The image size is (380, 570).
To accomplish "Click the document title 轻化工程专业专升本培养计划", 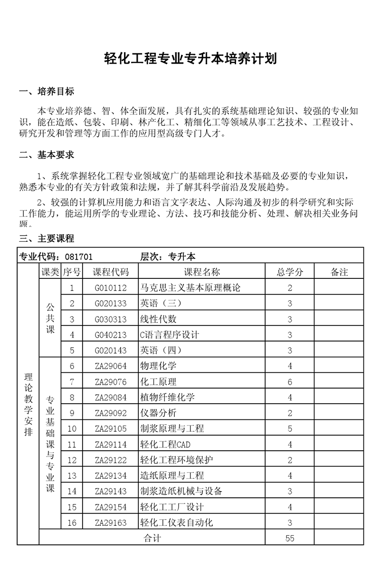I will pos(190,59).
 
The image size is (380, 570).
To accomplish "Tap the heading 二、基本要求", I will pos(46,155).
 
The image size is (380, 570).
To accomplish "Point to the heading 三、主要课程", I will pos(46,238).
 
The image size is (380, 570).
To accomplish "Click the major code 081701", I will pos(79,256).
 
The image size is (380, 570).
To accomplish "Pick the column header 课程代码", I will pos(111,272).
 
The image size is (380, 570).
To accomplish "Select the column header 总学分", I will pos(290,272).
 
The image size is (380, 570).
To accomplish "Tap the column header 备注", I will pos(339,272).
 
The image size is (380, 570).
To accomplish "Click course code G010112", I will pos(111,288).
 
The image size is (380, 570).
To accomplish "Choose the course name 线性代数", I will pos(159,319).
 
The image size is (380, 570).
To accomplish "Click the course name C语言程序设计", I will pos(169,335).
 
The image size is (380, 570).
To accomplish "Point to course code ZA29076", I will pos(111,382).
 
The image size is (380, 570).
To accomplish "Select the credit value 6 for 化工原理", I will pos(290,382).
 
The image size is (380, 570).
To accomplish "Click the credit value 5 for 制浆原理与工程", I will pos(290,429).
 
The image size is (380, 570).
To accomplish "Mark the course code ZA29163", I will pos(111,523).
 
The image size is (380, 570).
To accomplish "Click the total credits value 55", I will pos(290,538).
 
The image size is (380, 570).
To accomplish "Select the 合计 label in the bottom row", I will pos(152,538).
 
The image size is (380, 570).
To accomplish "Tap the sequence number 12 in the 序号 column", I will pos(72,460).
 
